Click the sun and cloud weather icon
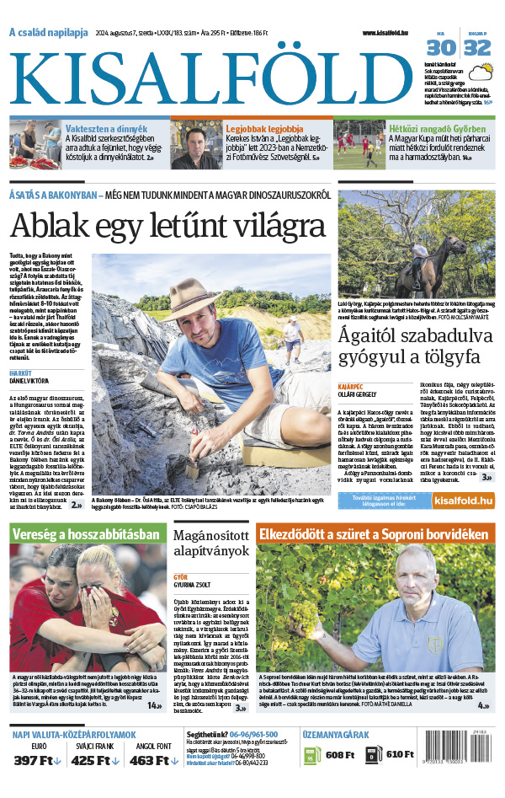tap(481, 73)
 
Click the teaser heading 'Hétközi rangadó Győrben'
tap(425, 129)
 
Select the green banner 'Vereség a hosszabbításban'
tap(86, 534)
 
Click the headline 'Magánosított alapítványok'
tap(210, 544)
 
